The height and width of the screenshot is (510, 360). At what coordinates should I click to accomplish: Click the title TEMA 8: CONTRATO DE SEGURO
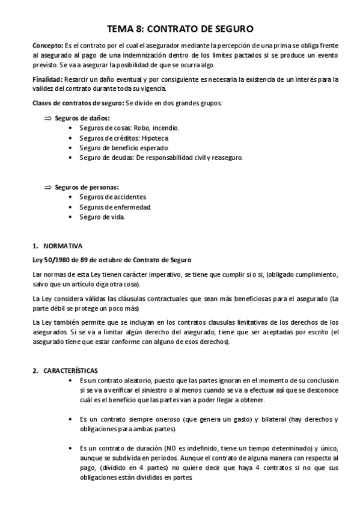tap(180, 28)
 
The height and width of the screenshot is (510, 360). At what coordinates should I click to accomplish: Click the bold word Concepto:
tap(47, 46)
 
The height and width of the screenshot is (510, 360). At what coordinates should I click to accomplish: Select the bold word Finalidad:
tap(48, 79)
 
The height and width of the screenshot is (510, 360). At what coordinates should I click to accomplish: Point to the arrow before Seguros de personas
tap(49, 187)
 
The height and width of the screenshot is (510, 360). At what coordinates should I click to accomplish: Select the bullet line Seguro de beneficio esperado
tap(124, 148)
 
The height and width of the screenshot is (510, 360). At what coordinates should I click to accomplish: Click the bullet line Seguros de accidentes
tap(113, 197)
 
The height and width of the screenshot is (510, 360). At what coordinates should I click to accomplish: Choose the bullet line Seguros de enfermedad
tap(115, 207)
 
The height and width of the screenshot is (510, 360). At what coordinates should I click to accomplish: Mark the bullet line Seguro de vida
tap(102, 217)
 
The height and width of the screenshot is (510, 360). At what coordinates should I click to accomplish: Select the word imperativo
tap(163, 274)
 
